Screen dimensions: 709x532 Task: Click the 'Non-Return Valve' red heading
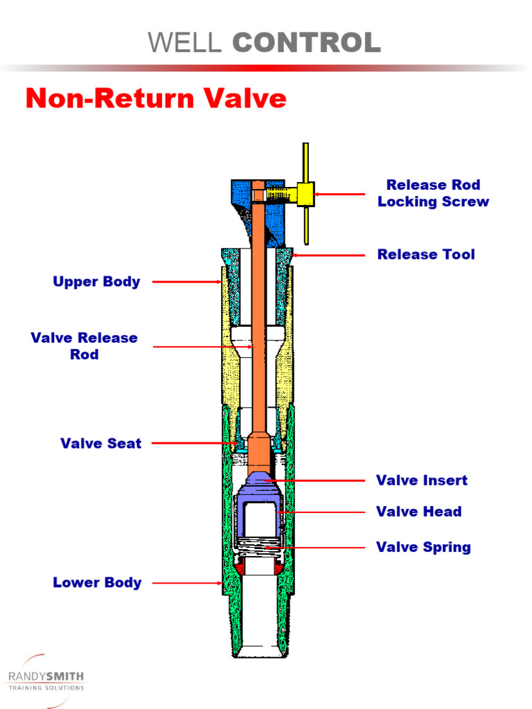coord(156,98)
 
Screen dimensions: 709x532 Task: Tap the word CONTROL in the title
coord(306,42)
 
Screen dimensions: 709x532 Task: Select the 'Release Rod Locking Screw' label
coord(433,193)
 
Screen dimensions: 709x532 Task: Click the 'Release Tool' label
coord(426,254)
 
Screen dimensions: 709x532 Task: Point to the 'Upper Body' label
coord(96,282)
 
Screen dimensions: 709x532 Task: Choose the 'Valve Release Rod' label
coord(84,346)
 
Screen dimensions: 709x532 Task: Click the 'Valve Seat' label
coord(100,443)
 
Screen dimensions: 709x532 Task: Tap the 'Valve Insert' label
coord(421,480)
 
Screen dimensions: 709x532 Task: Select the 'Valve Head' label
coord(418,512)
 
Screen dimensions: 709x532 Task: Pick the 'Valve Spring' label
coord(423,547)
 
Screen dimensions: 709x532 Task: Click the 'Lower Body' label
coord(97,582)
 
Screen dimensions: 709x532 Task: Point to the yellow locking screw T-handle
coord(305,193)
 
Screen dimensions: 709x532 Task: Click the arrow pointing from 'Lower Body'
coord(187,583)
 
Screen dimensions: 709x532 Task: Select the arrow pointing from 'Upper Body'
coord(187,282)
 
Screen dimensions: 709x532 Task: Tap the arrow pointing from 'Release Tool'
coord(329,255)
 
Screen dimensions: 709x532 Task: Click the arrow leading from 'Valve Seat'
coord(197,442)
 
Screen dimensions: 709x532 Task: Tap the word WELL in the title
coord(185,42)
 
